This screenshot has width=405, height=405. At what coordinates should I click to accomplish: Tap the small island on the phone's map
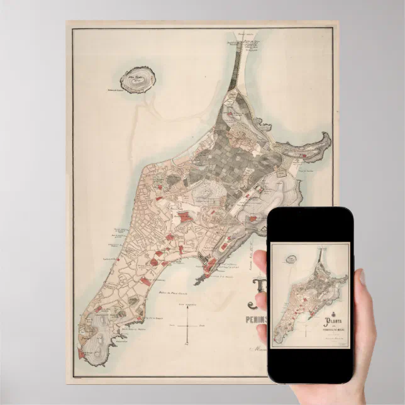(x=291, y=258)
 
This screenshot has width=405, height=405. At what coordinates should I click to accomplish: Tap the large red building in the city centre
(x=185, y=217)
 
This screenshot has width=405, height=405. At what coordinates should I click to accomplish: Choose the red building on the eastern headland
(x=304, y=152)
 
